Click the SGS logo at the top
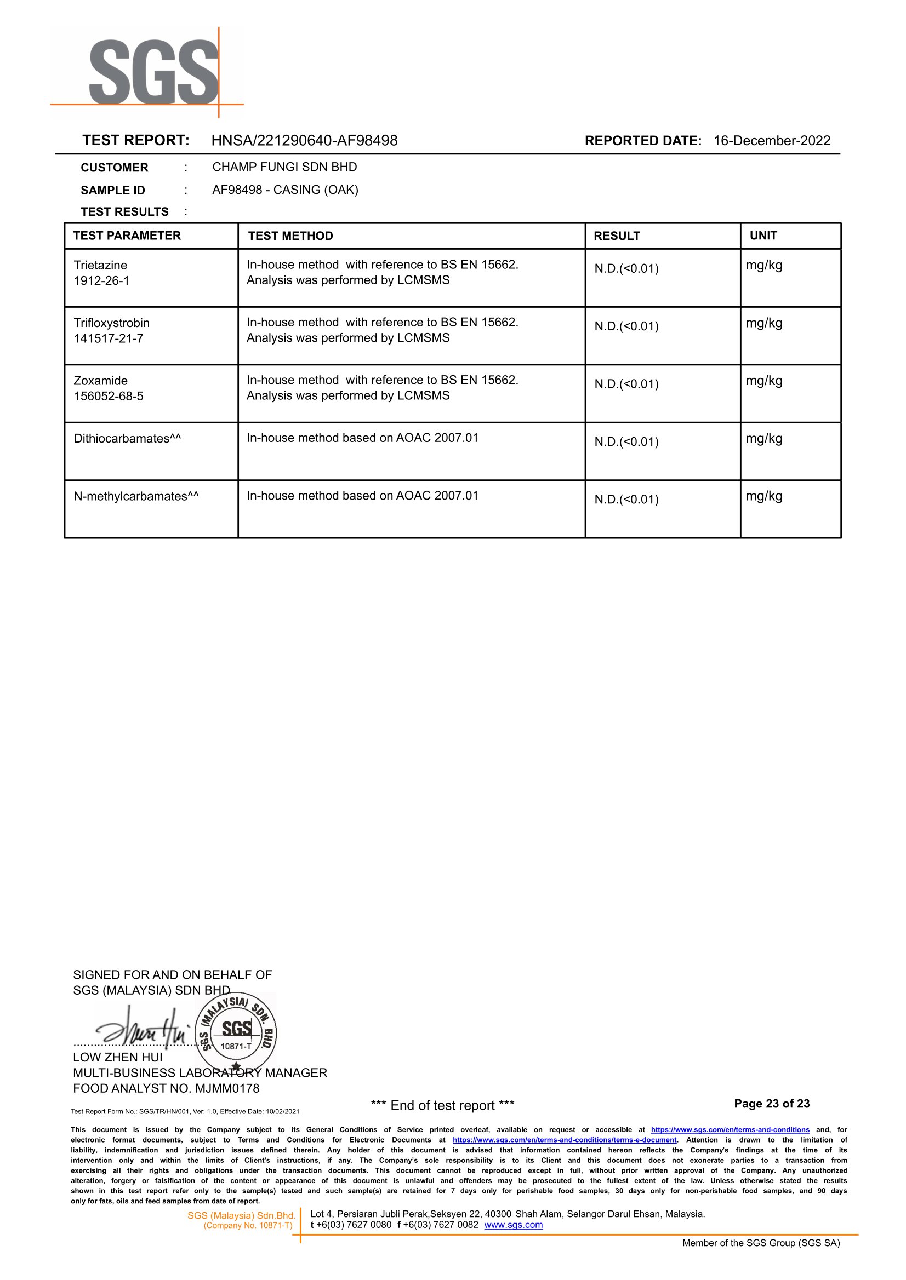click(x=154, y=72)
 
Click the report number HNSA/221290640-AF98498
click(x=304, y=140)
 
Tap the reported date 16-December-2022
click(x=772, y=140)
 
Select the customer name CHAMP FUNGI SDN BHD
click(x=284, y=167)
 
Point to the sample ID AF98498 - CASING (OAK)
click(x=285, y=190)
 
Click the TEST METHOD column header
click(x=290, y=236)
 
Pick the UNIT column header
click(x=763, y=236)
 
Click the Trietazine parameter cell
click(x=100, y=265)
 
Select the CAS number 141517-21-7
click(x=108, y=338)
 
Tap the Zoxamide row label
click(x=100, y=381)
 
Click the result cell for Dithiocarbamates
click(x=626, y=442)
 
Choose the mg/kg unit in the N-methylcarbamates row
click(x=763, y=496)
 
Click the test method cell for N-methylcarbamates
click(x=363, y=496)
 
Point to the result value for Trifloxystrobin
click(x=626, y=326)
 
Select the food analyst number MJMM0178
click(x=227, y=1088)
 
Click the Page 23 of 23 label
click(x=772, y=1104)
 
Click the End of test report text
click(x=442, y=1105)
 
